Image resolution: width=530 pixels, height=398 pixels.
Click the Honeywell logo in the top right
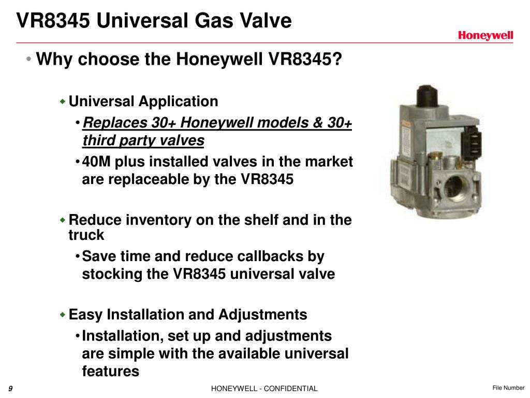[485, 35]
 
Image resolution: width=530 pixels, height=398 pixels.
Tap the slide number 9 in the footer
[10, 389]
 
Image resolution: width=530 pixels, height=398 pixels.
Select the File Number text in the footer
[508, 388]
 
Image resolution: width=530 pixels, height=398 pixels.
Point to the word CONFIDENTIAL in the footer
[293, 389]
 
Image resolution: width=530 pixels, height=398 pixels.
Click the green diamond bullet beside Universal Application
[63, 102]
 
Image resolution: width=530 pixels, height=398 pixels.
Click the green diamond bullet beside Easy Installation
[63, 315]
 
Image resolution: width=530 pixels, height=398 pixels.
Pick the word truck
[86, 235]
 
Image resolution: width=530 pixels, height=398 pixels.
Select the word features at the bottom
[111, 371]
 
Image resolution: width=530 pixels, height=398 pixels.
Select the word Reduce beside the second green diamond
[93, 220]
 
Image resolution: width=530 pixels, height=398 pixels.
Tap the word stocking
[112, 274]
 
